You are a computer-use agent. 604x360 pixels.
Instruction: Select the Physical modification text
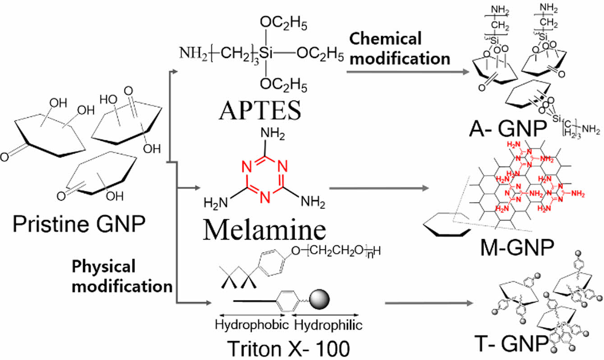click(x=122, y=276)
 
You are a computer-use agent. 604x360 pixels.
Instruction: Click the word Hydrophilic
click(x=328, y=324)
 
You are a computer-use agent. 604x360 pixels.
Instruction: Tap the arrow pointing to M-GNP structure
click(x=379, y=186)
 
